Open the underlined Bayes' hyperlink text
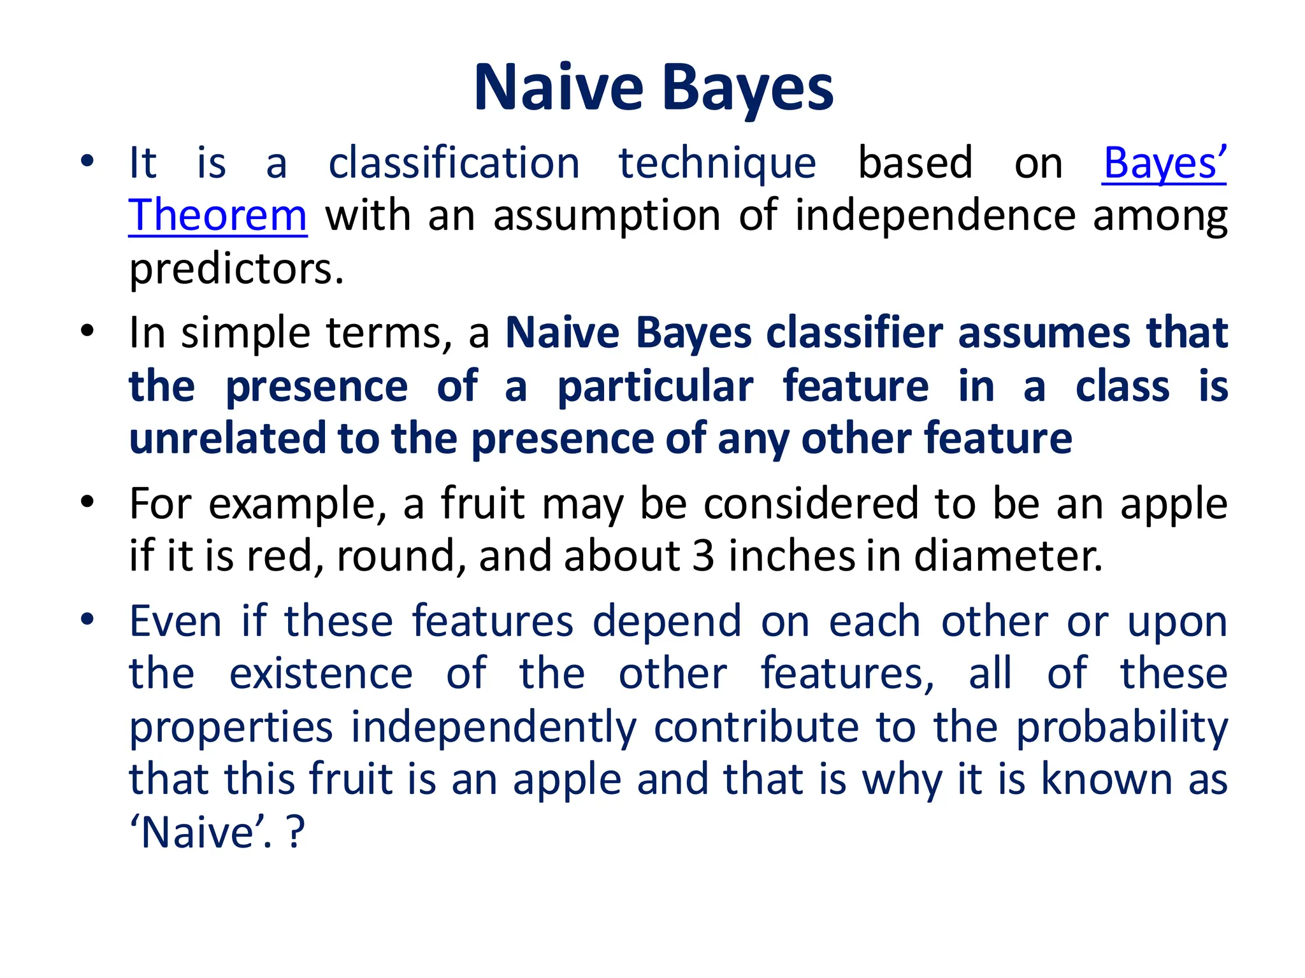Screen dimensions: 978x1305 point(1164,163)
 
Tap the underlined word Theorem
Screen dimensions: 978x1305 point(218,215)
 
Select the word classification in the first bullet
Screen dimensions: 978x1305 point(454,163)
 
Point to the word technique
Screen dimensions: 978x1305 point(717,163)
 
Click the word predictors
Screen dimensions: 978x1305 point(236,269)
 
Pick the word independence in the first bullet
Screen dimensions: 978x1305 point(935,215)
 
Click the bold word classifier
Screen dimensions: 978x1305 point(854,333)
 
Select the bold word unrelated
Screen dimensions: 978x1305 point(227,439)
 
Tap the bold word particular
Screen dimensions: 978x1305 point(655,386)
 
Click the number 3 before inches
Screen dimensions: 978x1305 point(703,556)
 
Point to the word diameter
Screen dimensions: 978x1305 point(1008,556)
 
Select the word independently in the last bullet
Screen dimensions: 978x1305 point(494,727)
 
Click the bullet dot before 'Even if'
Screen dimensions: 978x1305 point(88,619)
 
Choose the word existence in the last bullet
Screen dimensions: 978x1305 point(321,674)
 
